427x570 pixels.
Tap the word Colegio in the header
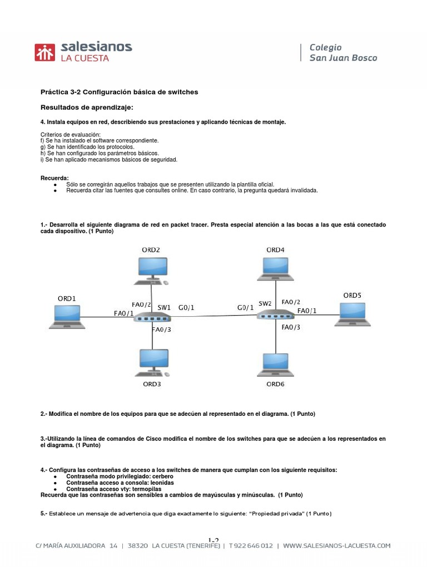pos(325,47)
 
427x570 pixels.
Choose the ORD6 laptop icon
pos(276,365)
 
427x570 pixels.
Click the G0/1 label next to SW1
pos(187,307)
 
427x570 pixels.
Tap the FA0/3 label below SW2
pos(291,327)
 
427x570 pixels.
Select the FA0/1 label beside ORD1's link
pos(123,313)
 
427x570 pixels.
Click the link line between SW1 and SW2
pos(213,316)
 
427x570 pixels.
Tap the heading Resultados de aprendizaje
pos(87,106)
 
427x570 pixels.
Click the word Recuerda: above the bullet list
pos(54,178)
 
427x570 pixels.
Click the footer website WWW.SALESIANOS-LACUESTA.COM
pos(337,546)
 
